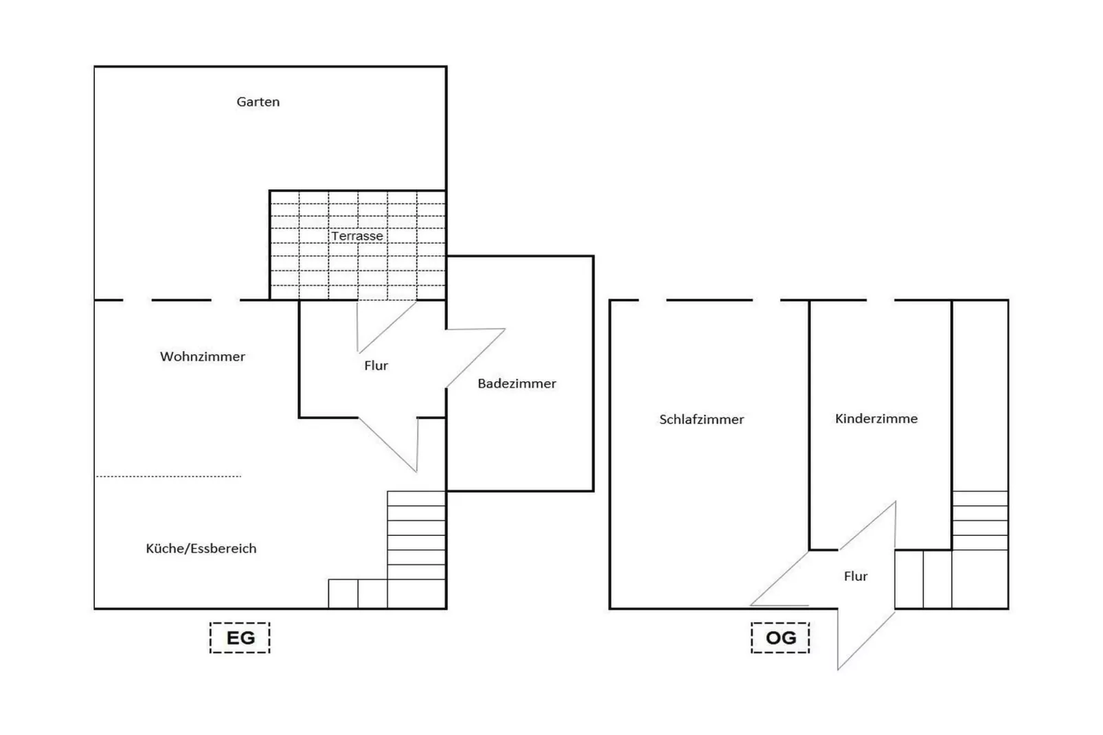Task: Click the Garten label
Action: (x=258, y=102)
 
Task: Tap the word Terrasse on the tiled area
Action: (x=357, y=236)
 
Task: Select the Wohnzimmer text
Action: (x=203, y=357)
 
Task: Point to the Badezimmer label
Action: (x=516, y=383)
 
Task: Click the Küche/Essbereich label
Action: (x=201, y=548)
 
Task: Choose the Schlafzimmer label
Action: (x=701, y=419)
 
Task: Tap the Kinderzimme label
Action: (x=876, y=418)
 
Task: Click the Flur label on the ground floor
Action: (x=376, y=365)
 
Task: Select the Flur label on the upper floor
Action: (x=855, y=576)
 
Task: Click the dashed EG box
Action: (x=240, y=637)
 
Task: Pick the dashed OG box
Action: (x=780, y=637)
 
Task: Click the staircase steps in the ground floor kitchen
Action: (x=416, y=543)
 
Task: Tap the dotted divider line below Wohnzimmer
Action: (x=168, y=476)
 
